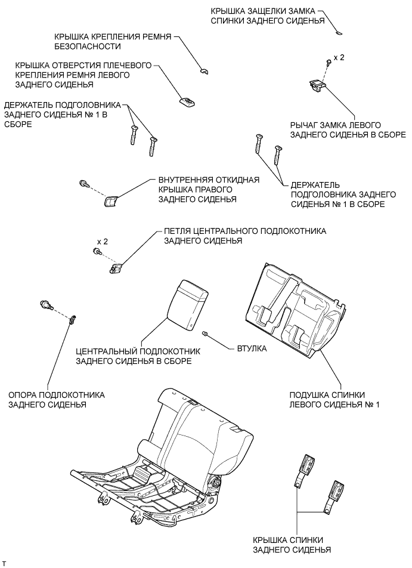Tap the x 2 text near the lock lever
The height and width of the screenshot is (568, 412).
[339, 58]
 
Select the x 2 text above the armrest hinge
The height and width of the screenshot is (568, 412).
[102, 242]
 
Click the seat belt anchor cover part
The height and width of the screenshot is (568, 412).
[204, 70]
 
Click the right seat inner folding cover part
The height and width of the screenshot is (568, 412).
[111, 201]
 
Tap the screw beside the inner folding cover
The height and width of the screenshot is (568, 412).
[84, 183]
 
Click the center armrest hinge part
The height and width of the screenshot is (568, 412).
[117, 267]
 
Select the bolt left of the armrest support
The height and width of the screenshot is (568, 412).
[45, 305]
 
